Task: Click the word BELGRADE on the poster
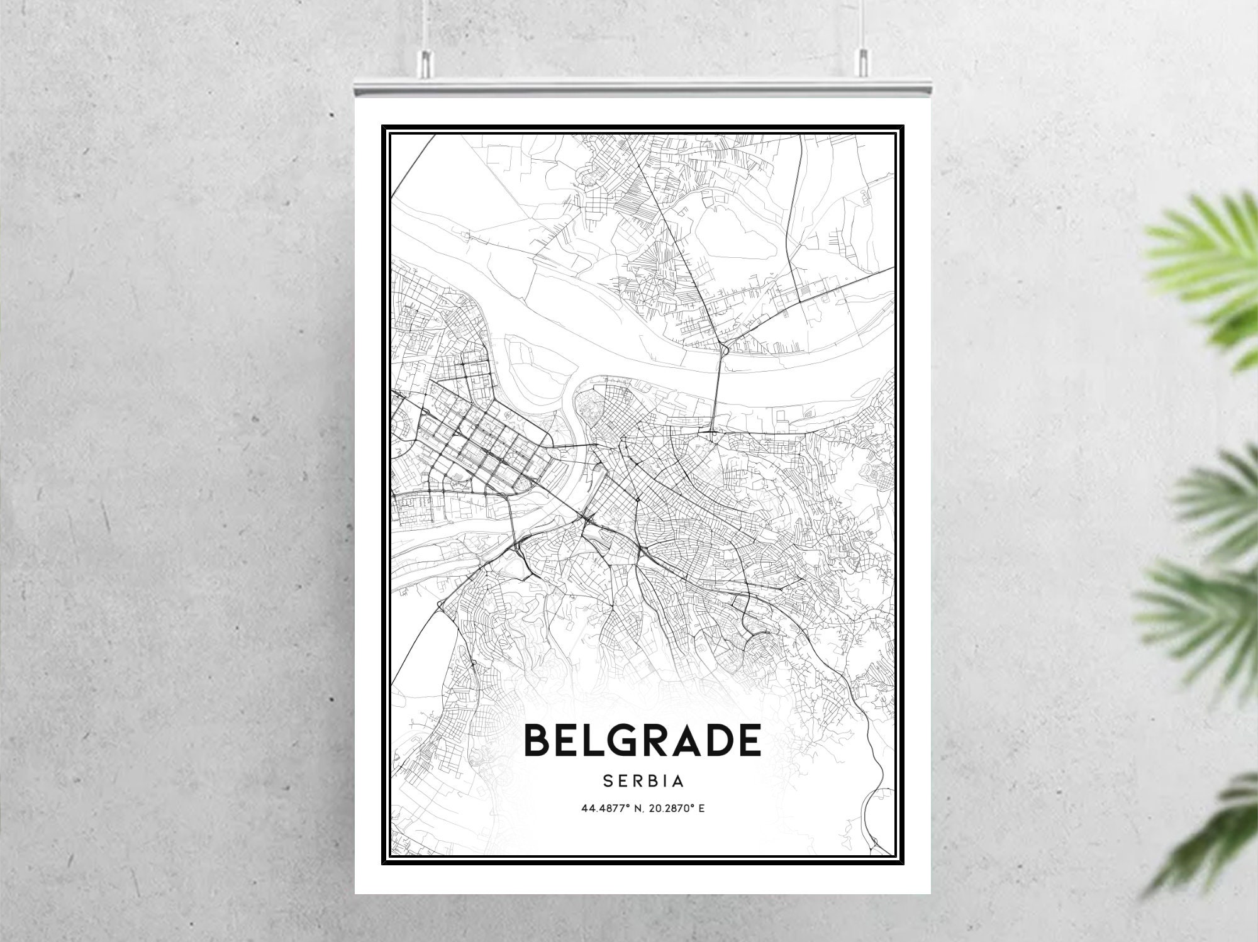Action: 642,740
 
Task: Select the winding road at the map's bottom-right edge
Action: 871,755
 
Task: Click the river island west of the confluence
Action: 535,365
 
